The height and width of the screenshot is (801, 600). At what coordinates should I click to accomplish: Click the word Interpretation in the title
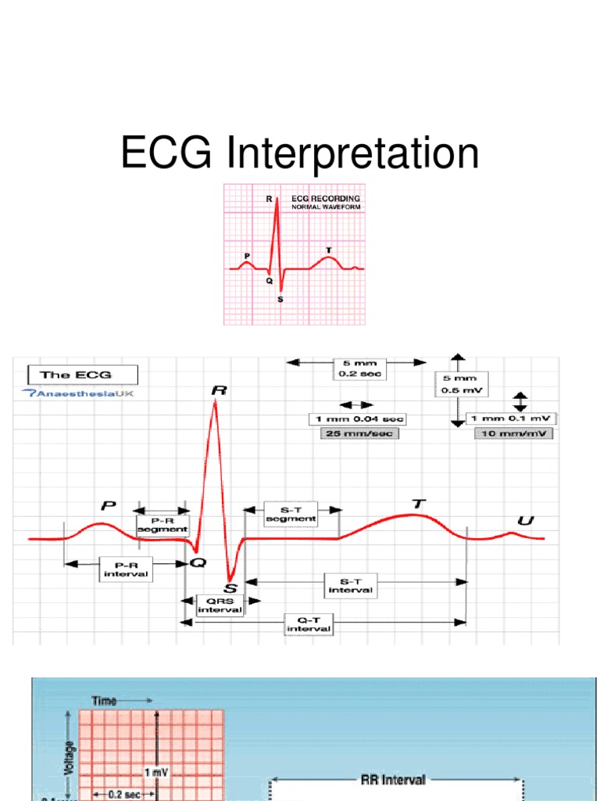[353, 153]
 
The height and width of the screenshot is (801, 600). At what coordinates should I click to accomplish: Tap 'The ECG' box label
[83, 374]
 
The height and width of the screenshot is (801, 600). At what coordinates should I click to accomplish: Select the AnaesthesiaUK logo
[78, 393]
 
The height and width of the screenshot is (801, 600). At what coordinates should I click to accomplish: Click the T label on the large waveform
[418, 505]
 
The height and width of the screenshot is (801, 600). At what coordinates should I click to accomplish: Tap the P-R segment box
[162, 524]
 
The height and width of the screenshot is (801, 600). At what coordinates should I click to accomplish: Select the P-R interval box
[126, 569]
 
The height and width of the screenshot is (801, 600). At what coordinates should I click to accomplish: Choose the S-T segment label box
[291, 513]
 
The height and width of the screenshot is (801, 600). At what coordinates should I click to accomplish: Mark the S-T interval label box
[350, 585]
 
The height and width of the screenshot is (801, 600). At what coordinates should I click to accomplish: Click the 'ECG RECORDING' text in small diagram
[325, 199]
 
